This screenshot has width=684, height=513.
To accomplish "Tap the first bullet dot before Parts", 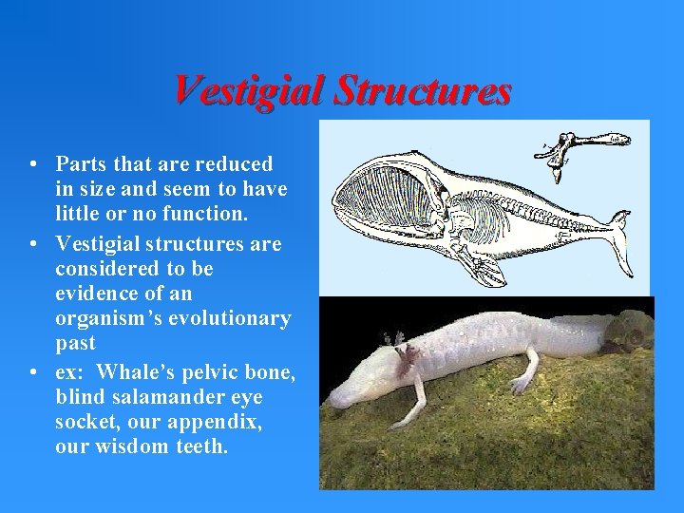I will [x=33, y=164].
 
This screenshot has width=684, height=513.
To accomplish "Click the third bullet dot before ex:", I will [x=33, y=371].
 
